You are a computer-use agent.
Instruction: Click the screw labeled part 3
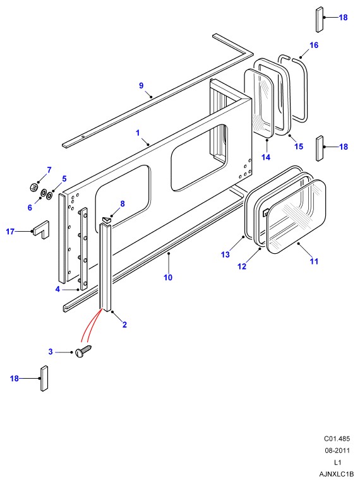coord(83,351)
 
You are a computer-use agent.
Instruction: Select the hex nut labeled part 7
coord(33,187)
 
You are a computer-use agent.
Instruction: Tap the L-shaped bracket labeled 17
coord(40,229)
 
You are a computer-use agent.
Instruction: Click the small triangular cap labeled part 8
coord(106,219)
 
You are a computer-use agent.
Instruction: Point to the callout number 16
coord(314,45)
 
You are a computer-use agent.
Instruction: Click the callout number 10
coord(168,278)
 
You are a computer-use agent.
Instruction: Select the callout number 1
coord(138,133)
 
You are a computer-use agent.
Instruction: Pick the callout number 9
coord(141,86)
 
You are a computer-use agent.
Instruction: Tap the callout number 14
coord(266,157)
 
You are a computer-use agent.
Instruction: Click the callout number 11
coord(314,261)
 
